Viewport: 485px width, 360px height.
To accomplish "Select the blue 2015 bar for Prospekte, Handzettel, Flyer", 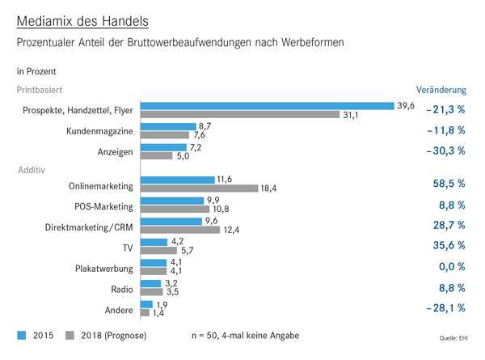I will [x=267, y=106].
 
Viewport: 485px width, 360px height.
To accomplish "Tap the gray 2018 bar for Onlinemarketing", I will [x=199, y=188].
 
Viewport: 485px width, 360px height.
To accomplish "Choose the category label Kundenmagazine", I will [x=99, y=130].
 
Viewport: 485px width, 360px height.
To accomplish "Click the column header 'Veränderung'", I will [x=441, y=90].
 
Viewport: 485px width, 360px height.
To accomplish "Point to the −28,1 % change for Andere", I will [x=444, y=307].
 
